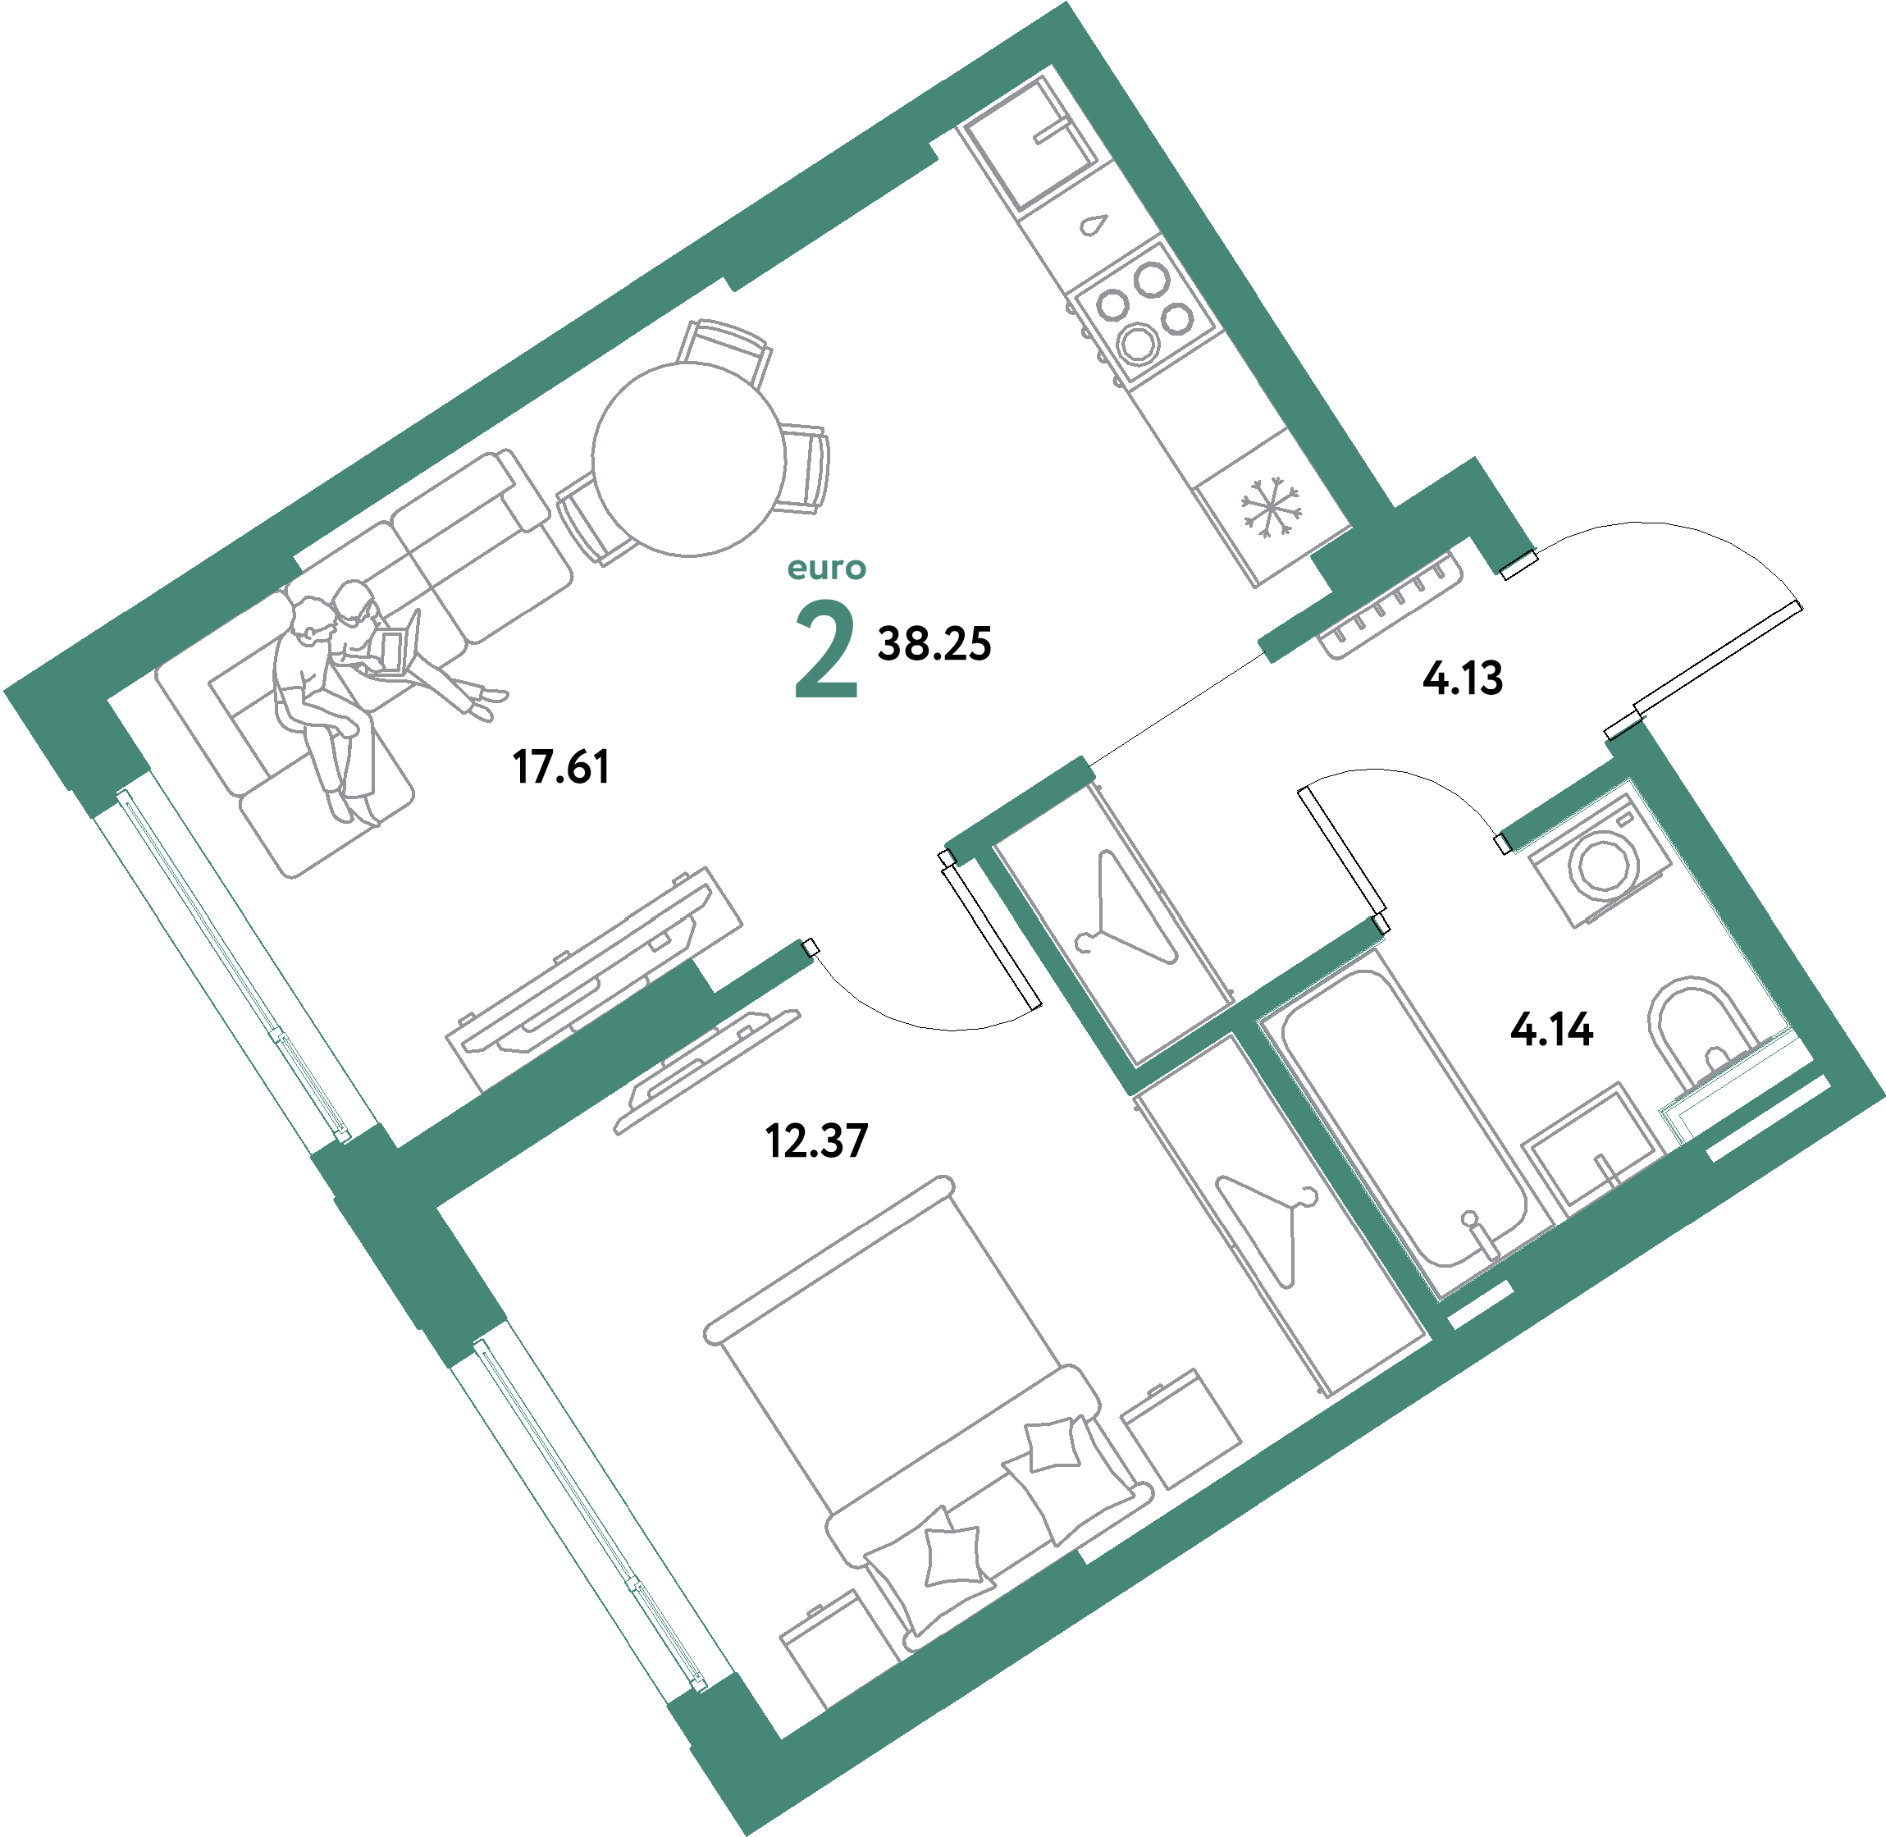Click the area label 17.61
coord(560,767)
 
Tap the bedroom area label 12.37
coord(816,1140)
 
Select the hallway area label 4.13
coord(1463,679)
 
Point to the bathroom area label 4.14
coord(1551,1030)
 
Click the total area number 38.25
coord(934,643)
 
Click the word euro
coord(827,569)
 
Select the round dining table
coord(689,459)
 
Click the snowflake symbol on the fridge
coord(1271,508)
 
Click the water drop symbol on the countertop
coord(1092,224)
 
